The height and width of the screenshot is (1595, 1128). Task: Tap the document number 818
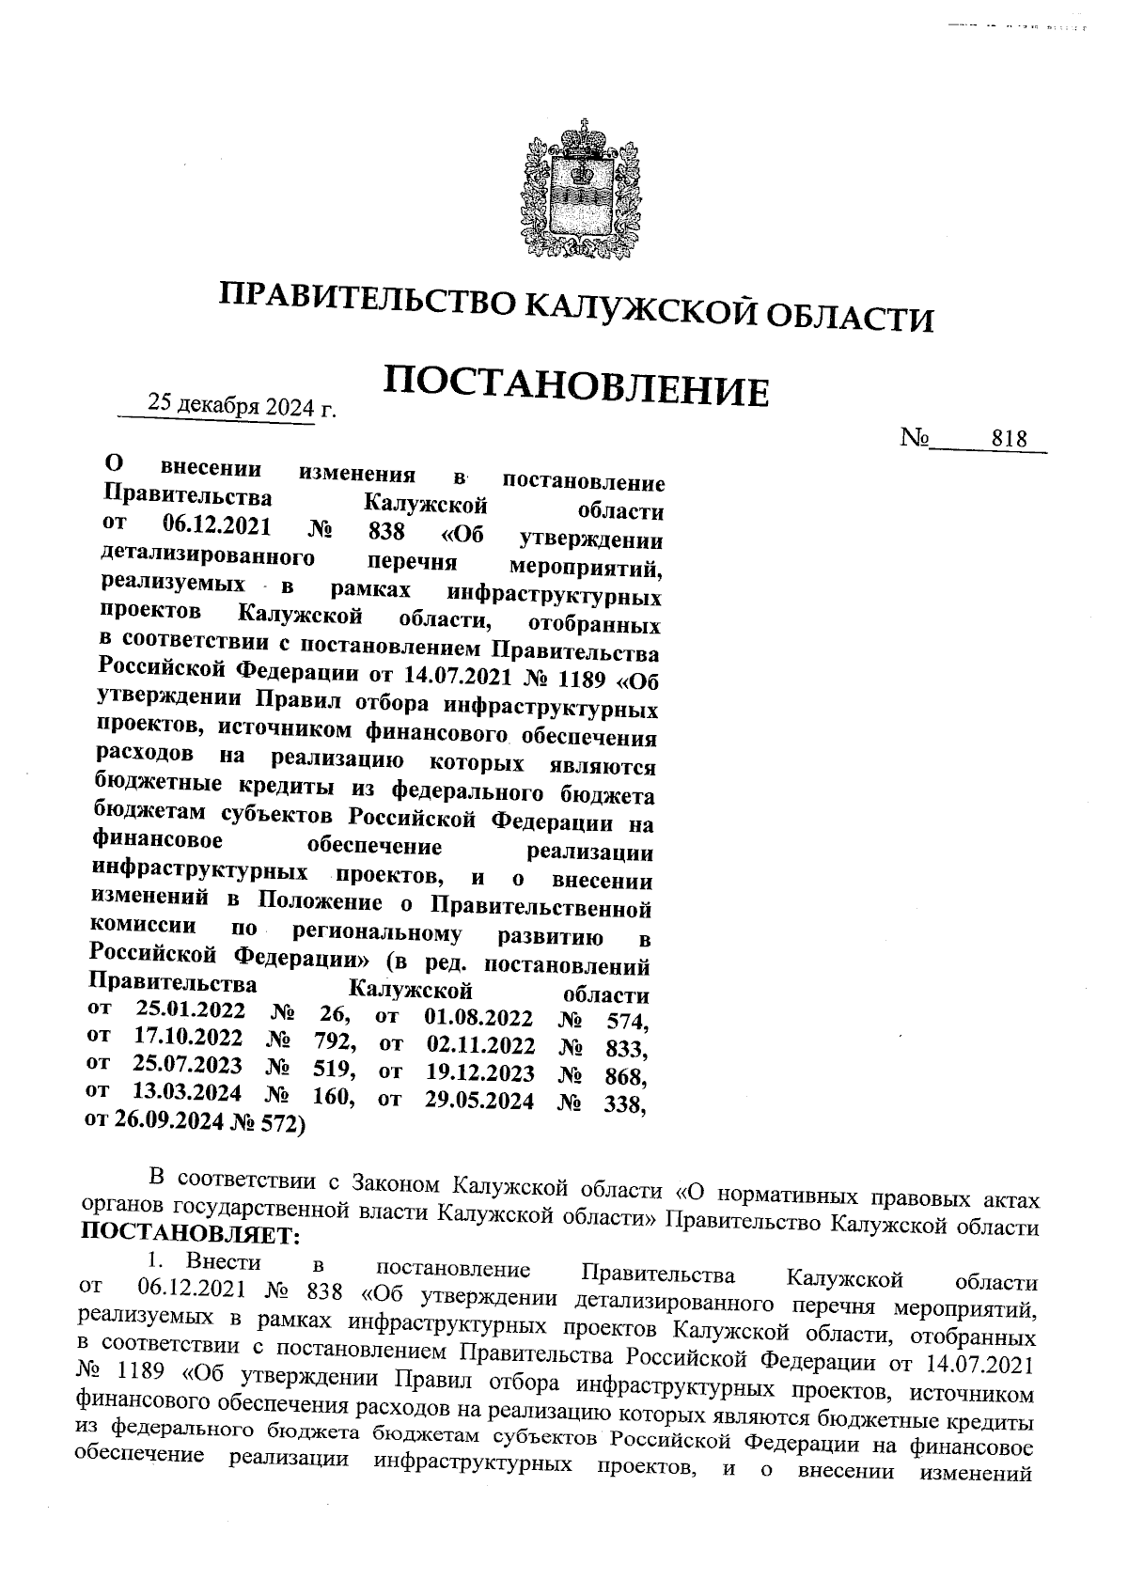point(1008,438)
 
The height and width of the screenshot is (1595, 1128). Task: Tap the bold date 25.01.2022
point(191,1011)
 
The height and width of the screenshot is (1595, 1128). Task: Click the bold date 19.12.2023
point(479,1072)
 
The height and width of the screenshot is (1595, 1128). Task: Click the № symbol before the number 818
point(915,438)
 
